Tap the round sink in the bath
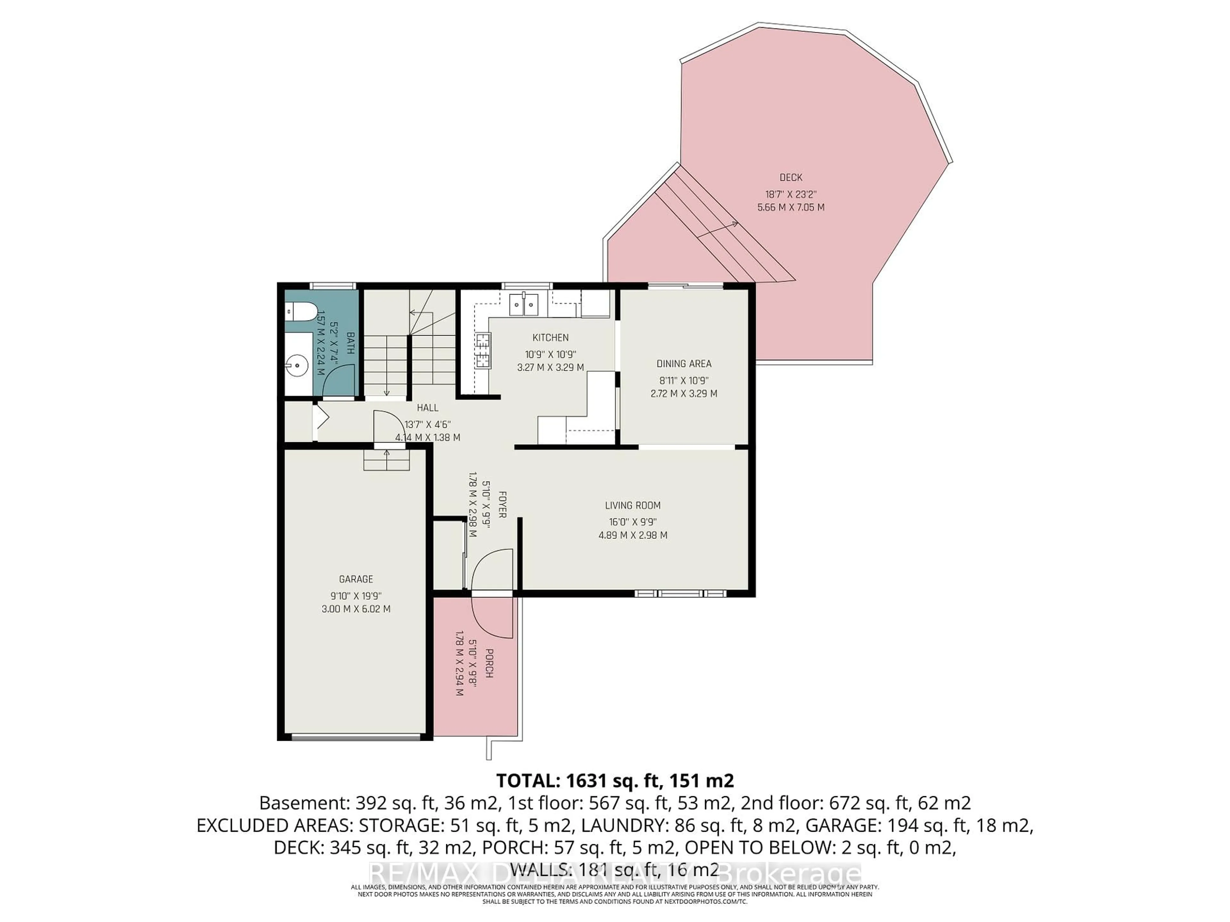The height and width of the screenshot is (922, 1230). tap(298, 365)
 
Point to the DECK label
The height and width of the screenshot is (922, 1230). tap(791, 177)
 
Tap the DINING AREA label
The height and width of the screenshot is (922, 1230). tap(684, 363)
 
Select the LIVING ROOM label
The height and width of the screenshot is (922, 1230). tap(633, 505)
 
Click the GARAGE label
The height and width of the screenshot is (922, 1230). tap(356, 578)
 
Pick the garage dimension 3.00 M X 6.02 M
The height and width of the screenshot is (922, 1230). tap(356, 609)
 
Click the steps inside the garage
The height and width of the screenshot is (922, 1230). tap(387, 460)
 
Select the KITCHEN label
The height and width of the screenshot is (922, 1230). tap(551, 337)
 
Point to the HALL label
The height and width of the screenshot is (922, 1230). tap(428, 407)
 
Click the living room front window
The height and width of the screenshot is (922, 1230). tap(681, 594)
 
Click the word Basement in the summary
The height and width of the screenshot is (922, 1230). tap(300, 803)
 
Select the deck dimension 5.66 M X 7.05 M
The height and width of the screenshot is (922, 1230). tap(791, 207)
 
